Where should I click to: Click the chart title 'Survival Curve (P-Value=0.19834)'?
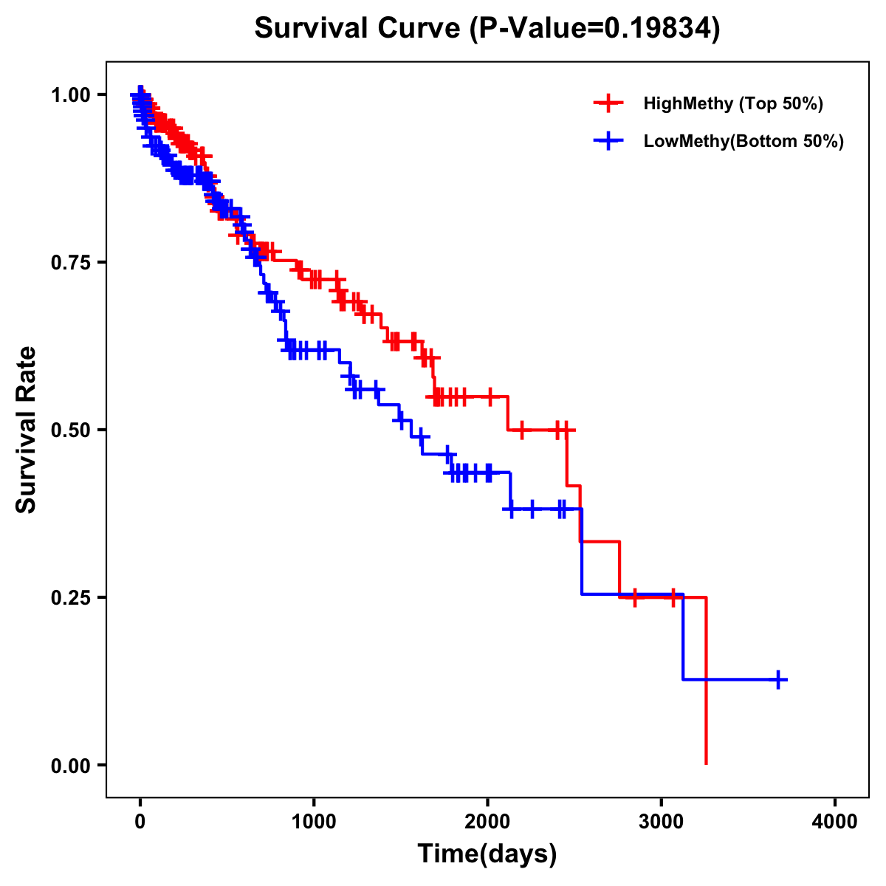[487, 28]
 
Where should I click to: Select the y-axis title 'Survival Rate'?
[27, 429]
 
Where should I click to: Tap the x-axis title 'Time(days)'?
[487, 854]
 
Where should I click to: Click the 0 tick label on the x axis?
[140, 822]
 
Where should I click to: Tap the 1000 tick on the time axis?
[314, 822]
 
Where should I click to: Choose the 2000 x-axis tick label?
[487, 822]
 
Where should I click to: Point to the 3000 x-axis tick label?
[662, 822]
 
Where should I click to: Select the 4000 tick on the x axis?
[835, 822]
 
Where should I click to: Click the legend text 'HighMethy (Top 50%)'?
[732, 103]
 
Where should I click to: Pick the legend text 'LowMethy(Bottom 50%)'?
[744, 141]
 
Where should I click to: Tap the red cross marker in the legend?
[608, 103]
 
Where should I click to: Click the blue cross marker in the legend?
[608, 141]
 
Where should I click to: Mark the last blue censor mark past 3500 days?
[778, 679]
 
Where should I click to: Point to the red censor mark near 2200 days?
[522, 429]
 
